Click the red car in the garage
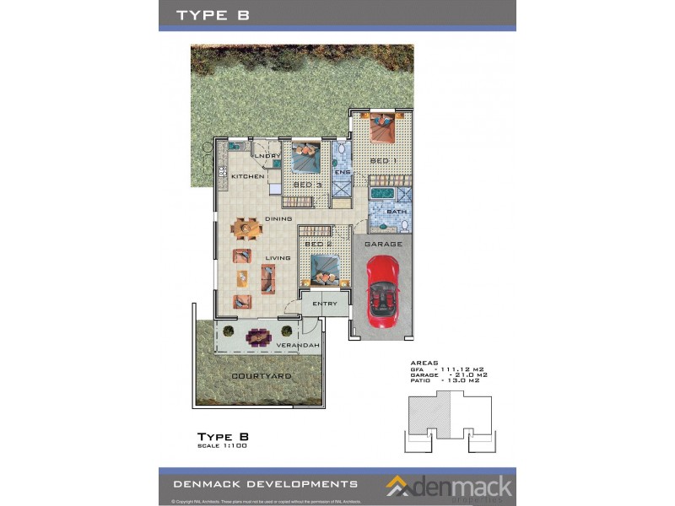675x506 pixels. pyautogui.click(x=384, y=292)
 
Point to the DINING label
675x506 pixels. pyautogui.click(x=278, y=219)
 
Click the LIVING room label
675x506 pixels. pyautogui.click(x=278, y=258)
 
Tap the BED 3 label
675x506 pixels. pyautogui.click(x=307, y=185)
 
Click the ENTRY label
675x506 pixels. pyautogui.click(x=325, y=304)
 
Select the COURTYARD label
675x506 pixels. pyautogui.click(x=262, y=375)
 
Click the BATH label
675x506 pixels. pyautogui.click(x=385, y=212)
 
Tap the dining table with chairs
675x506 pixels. pyautogui.click(x=246, y=228)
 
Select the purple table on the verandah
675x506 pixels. pyautogui.click(x=257, y=337)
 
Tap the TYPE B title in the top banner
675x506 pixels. pyautogui.click(x=212, y=14)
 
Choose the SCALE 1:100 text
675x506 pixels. pyautogui.click(x=221, y=444)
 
